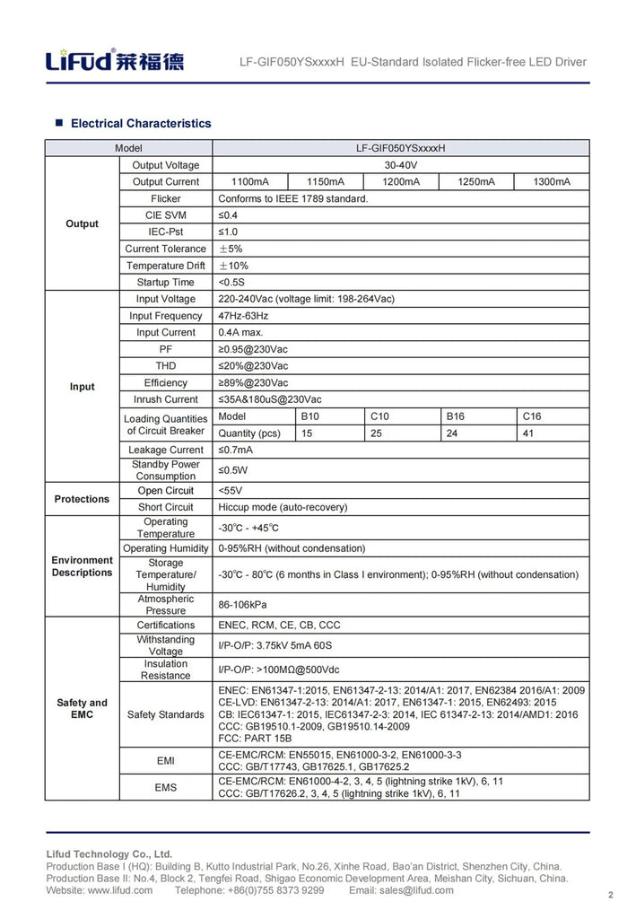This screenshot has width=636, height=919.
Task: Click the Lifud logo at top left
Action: pos(116,61)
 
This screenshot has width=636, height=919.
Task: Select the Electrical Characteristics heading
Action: pos(141,123)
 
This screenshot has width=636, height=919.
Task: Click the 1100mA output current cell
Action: pos(249,182)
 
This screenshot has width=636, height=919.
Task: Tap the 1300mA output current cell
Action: pos(552,182)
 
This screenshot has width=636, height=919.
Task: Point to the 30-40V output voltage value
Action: pos(400,165)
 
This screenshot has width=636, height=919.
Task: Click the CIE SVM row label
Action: pos(166,215)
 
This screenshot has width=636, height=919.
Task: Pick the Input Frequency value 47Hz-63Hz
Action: pos(243,316)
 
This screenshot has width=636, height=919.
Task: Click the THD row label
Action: pos(166,366)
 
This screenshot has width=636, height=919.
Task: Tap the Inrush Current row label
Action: pos(166,399)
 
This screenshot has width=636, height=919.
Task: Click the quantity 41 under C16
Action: pos(528,433)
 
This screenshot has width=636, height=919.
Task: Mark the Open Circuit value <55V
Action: pos(231,491)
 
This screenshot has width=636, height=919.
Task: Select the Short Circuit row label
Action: pos(166,507)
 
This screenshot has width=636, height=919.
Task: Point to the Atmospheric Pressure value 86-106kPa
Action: pos(242,605)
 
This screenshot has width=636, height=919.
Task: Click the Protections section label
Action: pos(82,499)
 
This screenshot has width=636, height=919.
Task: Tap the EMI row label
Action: pos(166,761)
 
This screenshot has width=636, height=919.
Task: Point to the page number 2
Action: pos(610,895)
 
